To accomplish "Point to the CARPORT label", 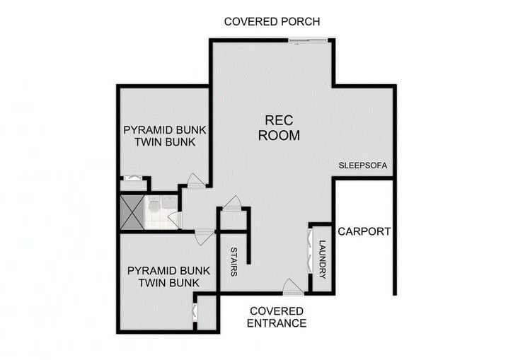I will pyautogui.click(x=363, y=231).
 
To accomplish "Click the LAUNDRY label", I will pyautogui.click(x=323, y=259).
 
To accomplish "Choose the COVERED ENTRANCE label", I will pyautogui.click(x=276, y=317).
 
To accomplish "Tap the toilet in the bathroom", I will pyautogui.click(x=152, y=206).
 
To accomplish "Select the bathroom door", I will pyautogui.click(x=174, y=220).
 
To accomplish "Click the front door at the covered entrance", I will pyautogui.click(x=292, y=286).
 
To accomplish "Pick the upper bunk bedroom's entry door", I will pyautogui.click(x=196, y=180).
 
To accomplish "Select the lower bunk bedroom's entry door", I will pyautogui.click(x=204, y=236).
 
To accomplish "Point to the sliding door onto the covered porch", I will pyautogui.click(x=309, y=40).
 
